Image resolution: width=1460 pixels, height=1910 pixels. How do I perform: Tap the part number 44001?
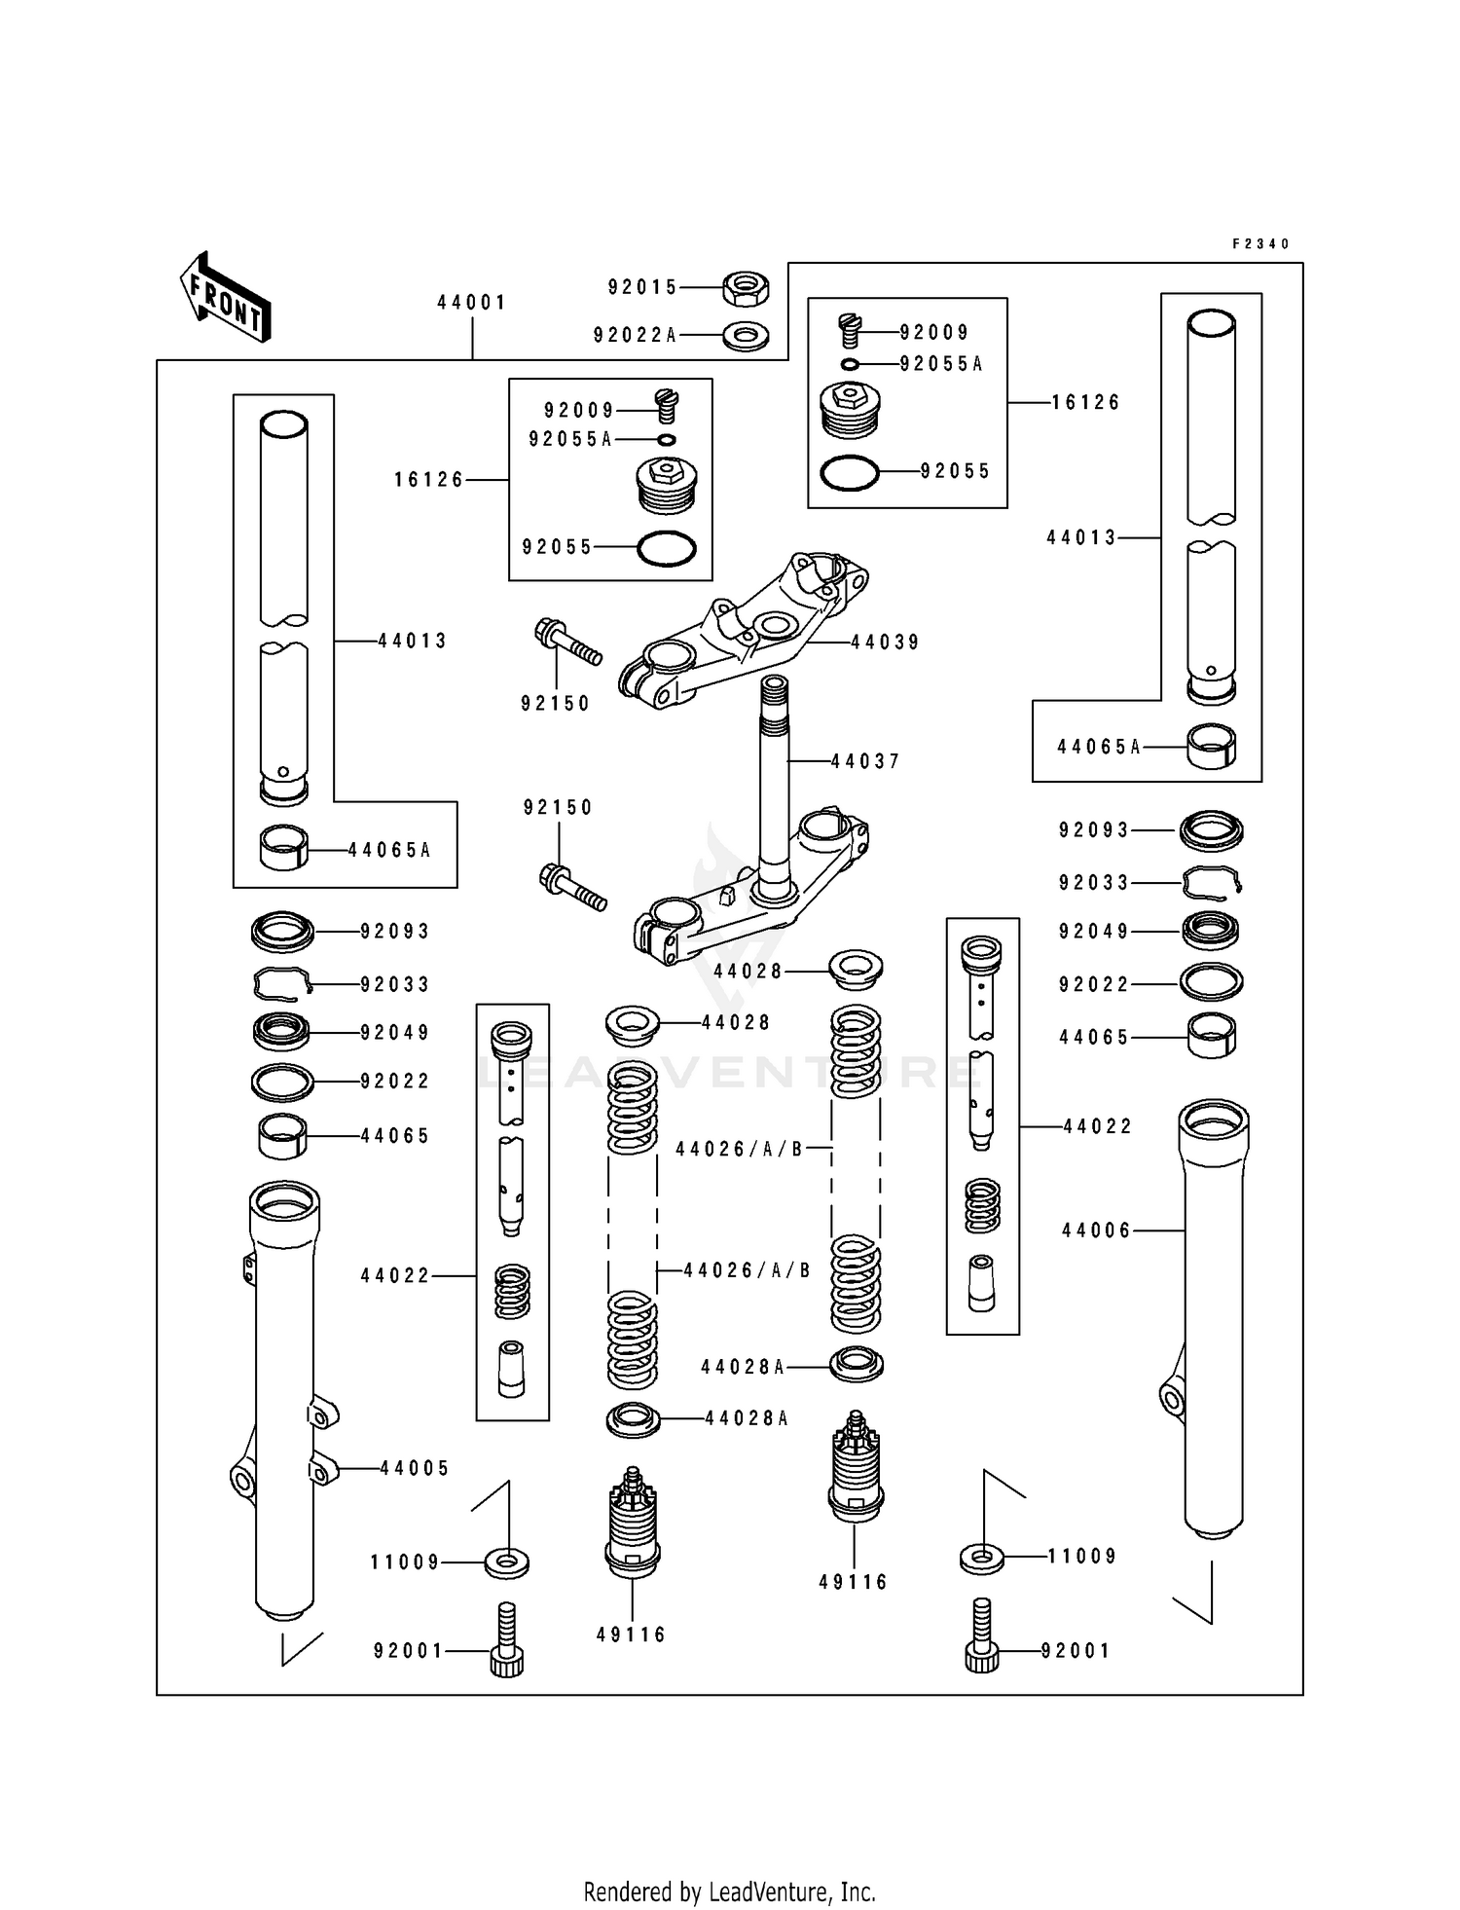pyautogui.click(x=471, y=303)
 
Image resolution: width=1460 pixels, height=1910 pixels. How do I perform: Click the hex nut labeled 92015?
pyautogui.click(x=746, y=287)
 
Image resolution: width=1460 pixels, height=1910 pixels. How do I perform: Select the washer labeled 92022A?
pyautogui.click(x=746, y=336)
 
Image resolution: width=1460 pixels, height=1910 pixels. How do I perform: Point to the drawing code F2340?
pyautogui.click(x=1260, y=244)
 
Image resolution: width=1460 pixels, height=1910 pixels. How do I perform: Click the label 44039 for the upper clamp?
pyautogui.click(x=885, y=643)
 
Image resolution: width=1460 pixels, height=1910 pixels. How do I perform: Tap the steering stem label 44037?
pyautogui.click(x=865, y=761)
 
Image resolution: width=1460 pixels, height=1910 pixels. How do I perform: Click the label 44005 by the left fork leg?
pyautogui.click(x=415, y=1468)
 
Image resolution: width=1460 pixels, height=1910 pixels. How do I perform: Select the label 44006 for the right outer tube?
pyautogui.click(x=1097, y=1230)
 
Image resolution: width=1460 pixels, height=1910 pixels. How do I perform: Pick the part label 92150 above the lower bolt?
pyautogui.click(x=558, y=807)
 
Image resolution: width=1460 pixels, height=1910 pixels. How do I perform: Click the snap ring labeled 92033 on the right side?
pyautogui.click(x=1212, y=882)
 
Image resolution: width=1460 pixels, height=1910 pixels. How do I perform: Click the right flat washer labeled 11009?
pyautogui.click(x=982, y=1558)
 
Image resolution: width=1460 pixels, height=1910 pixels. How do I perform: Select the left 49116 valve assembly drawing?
pyautogui.click(x=633, y=1524)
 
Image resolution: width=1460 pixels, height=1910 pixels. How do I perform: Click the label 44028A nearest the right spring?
pyautogui.click(x=743, y=1367)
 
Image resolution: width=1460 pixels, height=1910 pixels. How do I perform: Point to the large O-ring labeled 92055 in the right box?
pyautogui.click(x=850, y=473)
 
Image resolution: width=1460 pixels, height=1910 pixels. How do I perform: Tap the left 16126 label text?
pyautogui.click(x=429, y=480)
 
